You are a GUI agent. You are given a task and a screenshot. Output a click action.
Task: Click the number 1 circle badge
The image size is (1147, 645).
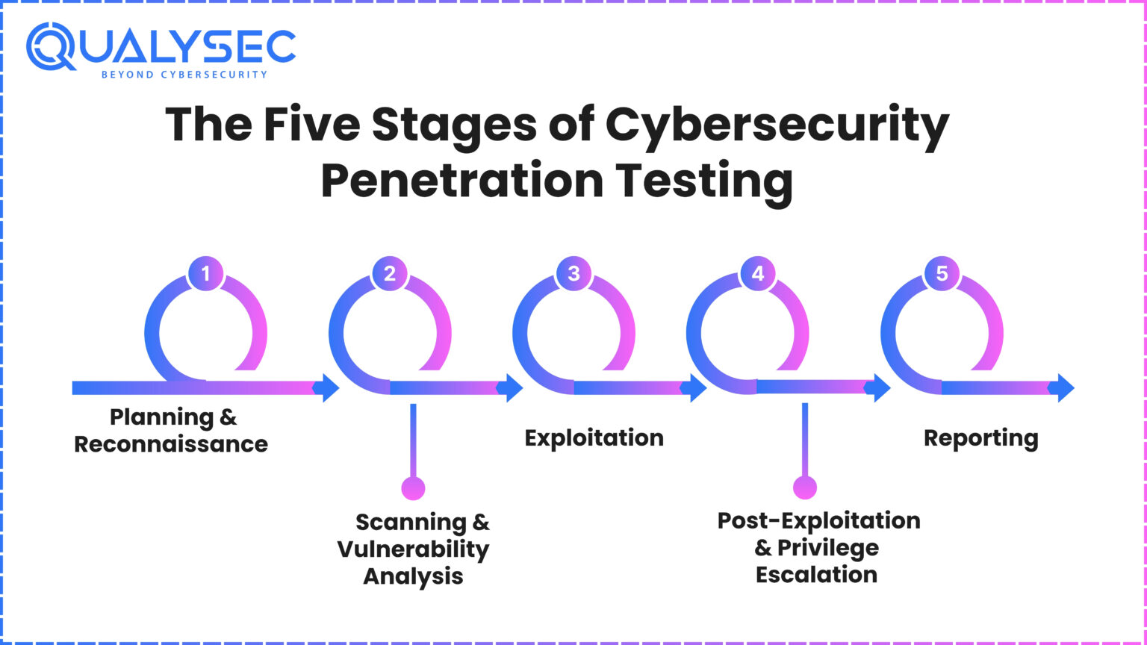205,274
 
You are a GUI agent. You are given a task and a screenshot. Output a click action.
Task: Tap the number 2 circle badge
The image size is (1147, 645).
390,274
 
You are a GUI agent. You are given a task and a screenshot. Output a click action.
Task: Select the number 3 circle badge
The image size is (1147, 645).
573,274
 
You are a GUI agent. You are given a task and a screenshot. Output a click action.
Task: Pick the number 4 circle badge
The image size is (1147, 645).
757,274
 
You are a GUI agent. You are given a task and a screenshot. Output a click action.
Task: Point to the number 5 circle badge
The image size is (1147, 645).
942,274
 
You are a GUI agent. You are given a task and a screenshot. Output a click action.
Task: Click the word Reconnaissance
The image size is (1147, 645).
171,444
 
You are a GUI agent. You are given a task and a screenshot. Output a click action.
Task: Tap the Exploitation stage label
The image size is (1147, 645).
594,437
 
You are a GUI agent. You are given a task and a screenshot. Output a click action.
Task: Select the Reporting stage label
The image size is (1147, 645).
980,438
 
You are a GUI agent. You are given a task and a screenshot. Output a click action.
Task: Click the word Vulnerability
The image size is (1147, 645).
413,549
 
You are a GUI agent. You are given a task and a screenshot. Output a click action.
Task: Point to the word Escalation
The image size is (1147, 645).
816,575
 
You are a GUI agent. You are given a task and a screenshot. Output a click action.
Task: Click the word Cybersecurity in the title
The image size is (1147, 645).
777,125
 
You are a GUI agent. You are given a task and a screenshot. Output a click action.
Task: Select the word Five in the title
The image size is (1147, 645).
311,125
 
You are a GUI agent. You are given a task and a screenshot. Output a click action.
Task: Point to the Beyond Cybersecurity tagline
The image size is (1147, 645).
183,75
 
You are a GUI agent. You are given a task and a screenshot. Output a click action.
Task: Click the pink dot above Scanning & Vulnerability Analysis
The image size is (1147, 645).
413,488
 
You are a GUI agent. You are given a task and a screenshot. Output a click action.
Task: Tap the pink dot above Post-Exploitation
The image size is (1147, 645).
805,488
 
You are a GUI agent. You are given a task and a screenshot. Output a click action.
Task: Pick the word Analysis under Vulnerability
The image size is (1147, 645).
413,576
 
